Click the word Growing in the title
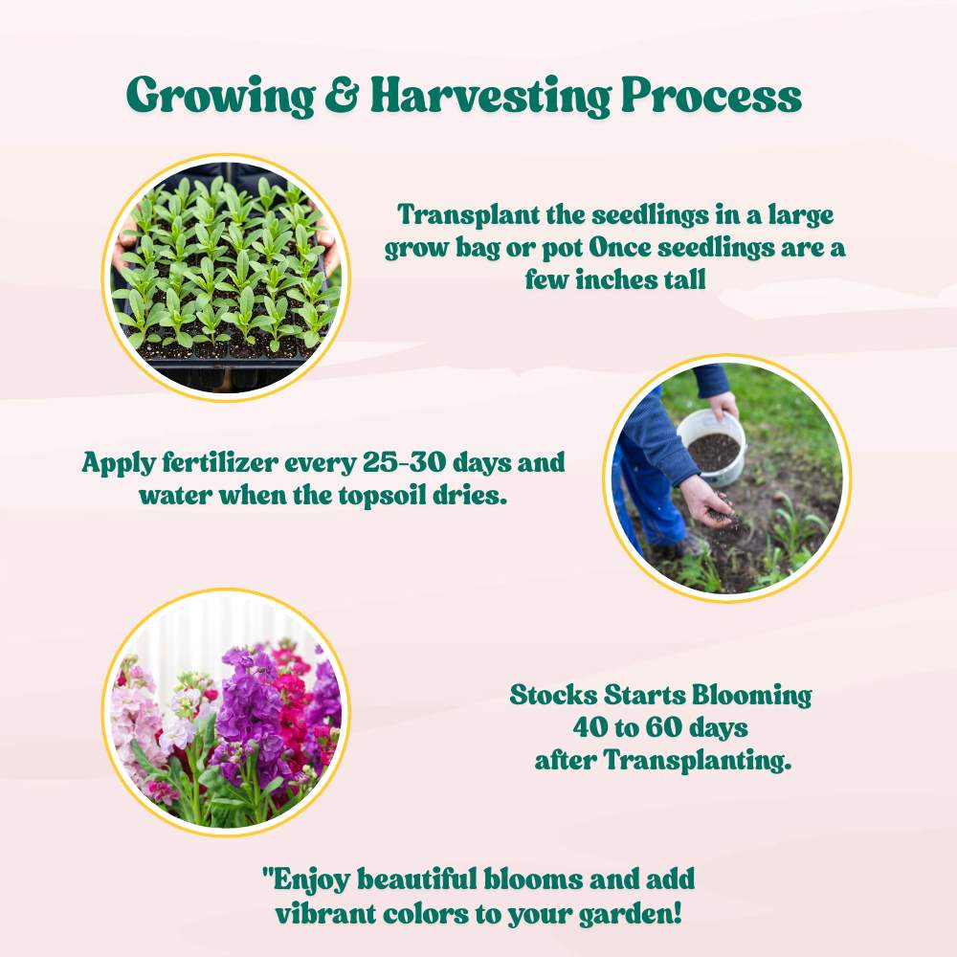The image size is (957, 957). [220, 97]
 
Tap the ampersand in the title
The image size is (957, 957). [343, 95]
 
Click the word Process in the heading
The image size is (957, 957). [711, 95]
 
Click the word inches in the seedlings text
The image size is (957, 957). [612, 280]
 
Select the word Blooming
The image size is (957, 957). [751, 696]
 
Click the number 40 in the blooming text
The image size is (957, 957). [590, 727]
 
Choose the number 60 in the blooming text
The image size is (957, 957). [663, 727]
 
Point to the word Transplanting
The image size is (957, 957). [697, 761]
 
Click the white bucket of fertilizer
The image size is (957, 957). [712, 448]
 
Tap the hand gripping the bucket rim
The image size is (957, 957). [723, 405]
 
